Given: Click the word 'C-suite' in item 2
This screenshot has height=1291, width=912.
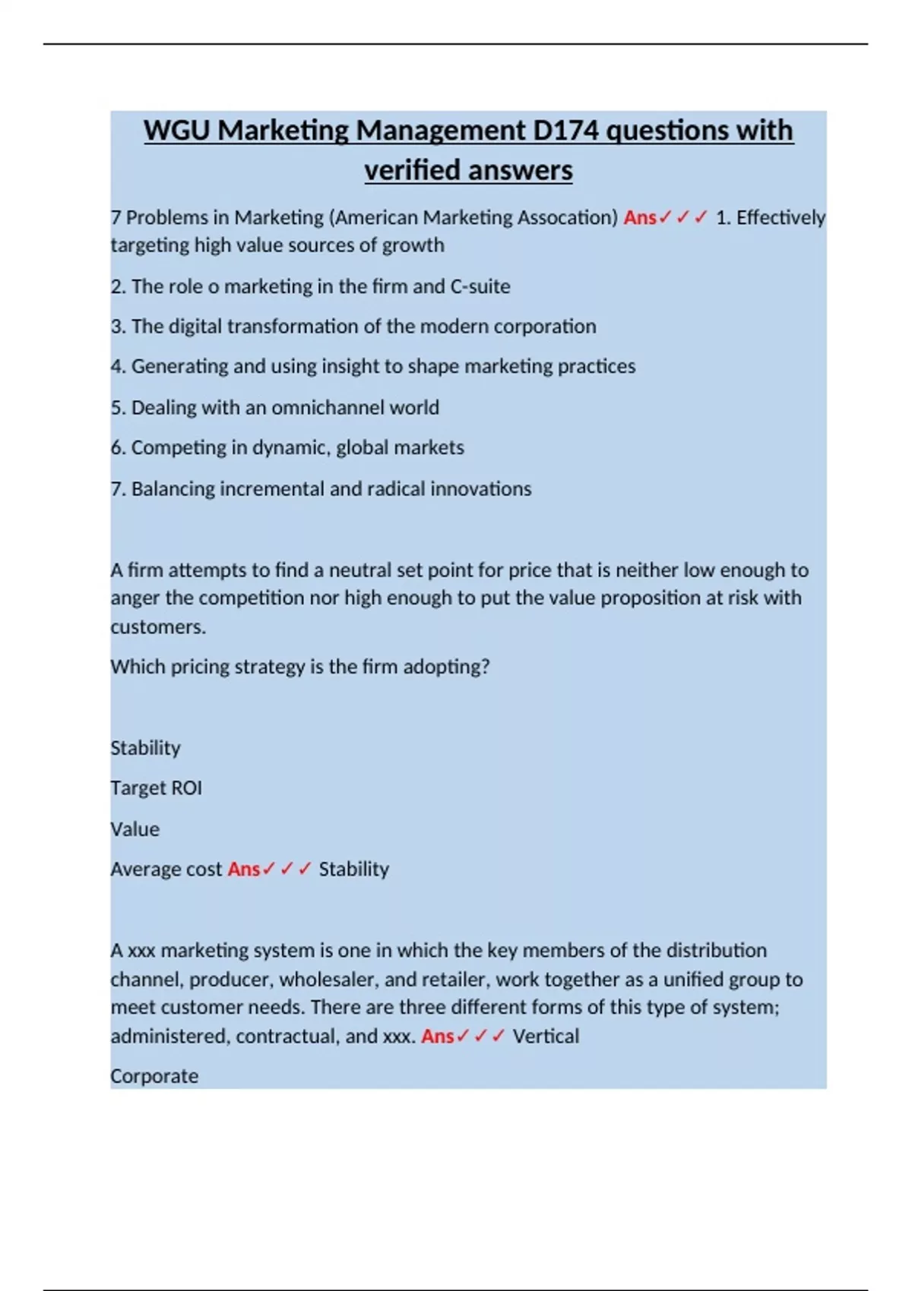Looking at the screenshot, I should click(480, 286).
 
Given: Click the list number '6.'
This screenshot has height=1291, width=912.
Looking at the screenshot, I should click(118, 448).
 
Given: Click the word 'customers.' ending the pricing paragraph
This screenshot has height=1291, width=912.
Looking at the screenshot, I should click(158, 627).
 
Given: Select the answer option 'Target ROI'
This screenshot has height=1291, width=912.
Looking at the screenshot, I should click(156, 788).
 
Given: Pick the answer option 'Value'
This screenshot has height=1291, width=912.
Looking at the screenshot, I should click(135, 829).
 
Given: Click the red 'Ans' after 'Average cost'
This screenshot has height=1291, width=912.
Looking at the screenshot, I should click(243, 870).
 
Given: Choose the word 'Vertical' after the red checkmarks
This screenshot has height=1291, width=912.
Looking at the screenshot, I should click(546, 1037).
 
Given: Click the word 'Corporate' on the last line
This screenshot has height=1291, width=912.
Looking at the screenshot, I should click(154, 1077).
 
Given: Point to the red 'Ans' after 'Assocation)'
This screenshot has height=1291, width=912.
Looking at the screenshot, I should click(639, 218).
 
